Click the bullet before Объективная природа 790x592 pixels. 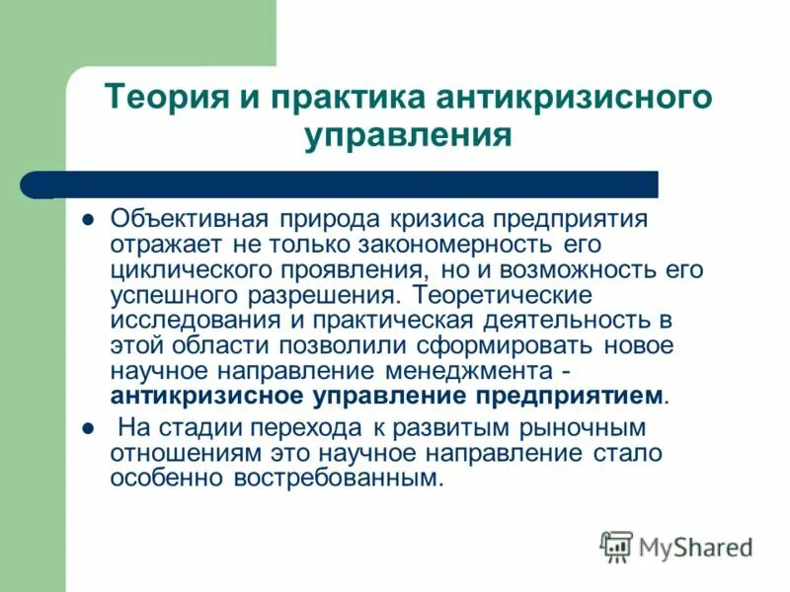[x=87, y=219]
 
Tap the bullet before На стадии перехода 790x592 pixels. [x=87, y=430]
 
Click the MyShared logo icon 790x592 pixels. [x=616, y=546]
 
